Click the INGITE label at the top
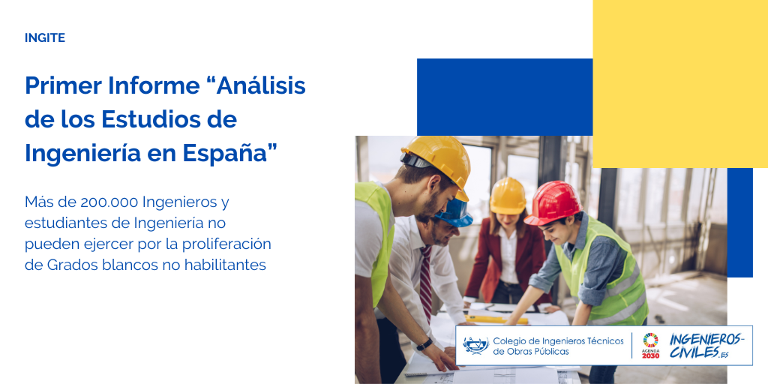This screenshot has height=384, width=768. (44, 37)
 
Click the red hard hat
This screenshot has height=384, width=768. (553, 202)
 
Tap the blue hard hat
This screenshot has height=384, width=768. (454, 213)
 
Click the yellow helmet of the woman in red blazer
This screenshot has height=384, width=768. (508, 196)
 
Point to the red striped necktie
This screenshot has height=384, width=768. (426, 284)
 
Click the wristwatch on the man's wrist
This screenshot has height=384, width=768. (424, 344)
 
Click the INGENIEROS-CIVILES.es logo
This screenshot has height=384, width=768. (705, 346)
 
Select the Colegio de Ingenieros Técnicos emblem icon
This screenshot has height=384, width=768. (475, 346)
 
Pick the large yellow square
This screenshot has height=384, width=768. (680, 84)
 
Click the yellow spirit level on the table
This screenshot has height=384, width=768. (496, 319)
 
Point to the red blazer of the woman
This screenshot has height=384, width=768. (505, 259)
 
